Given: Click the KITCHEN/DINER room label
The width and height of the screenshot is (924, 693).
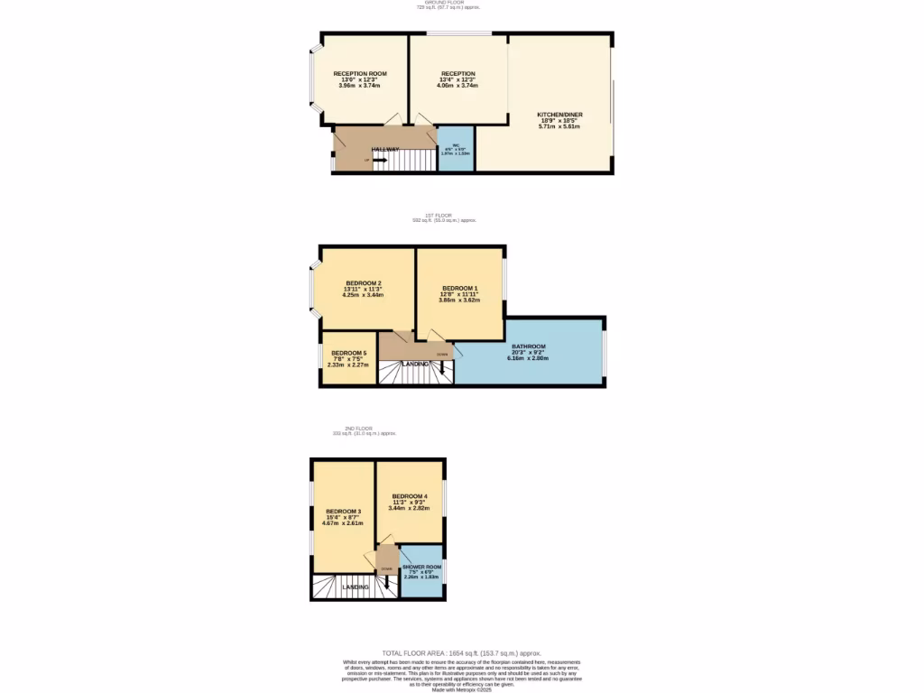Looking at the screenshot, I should pos(559,115).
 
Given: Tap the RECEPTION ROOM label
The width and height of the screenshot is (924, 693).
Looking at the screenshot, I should pos(360,73).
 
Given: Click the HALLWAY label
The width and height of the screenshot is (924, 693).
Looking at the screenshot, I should pos(385,149).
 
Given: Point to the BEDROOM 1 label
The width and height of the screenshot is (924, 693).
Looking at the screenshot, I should pos(460,288).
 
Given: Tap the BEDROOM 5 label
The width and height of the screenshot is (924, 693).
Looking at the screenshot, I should pos(348,353).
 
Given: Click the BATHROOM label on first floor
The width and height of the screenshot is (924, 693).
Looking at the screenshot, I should pos(529,346).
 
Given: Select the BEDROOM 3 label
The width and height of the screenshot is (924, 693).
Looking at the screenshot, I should pos(343,512).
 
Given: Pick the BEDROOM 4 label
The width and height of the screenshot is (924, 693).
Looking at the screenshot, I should pos(409,496).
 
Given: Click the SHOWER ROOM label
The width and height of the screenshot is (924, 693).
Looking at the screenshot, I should pos(421,567).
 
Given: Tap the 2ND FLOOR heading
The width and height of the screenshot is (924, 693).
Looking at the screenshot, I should pos(358,428).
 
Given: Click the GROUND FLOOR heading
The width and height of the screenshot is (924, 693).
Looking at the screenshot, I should pos(448,3).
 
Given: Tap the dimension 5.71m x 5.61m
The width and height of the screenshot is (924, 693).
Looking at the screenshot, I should pos(559,126).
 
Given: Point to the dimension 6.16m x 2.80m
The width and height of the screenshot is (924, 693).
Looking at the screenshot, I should pos(529,358).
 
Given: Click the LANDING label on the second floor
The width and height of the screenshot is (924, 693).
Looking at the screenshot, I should pos(355,587).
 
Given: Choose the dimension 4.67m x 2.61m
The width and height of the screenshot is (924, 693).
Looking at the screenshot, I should pos(343,523).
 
